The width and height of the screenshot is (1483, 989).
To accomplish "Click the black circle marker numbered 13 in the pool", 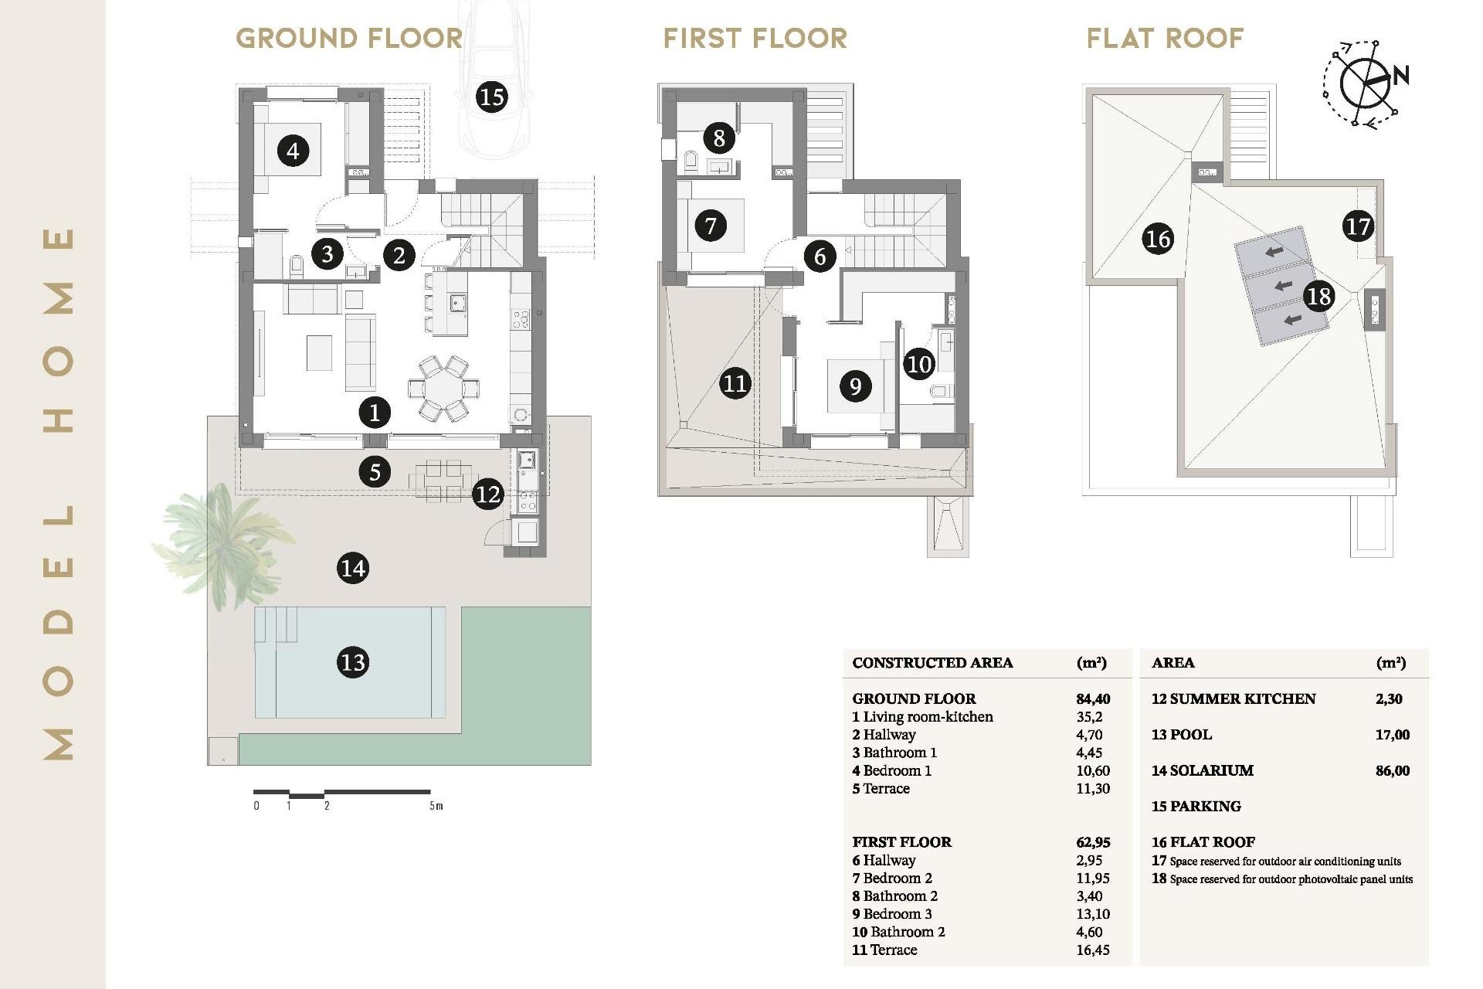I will coord(353,662).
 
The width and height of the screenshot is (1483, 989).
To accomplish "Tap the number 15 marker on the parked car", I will coord(491,97).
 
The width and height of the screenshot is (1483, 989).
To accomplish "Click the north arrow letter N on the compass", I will coord(1401,75).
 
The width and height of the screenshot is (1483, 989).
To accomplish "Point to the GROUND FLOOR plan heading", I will coord(349,38).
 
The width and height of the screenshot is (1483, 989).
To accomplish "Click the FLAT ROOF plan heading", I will coord(1165,38).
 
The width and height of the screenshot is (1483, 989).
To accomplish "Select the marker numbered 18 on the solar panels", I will coord(1318,296).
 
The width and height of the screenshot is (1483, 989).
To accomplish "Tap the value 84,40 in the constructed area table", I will coord(1093,698).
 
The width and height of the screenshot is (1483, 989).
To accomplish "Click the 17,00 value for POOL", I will coord(1392,735).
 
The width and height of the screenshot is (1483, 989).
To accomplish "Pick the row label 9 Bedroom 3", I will coord(892,914).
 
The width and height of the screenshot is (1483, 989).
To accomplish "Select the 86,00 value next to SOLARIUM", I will coord(1392,770).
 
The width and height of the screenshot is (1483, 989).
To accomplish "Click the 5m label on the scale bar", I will coord(436,806).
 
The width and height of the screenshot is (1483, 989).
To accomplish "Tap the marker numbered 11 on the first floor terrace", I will coord(735,383).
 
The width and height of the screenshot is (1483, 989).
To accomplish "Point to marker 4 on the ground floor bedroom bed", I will coord(293,150).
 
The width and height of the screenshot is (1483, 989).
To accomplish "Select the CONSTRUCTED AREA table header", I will coord(932,663).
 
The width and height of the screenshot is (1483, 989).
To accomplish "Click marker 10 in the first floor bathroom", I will coord(919,364).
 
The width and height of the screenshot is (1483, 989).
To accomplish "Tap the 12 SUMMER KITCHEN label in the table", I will coord(1233,698).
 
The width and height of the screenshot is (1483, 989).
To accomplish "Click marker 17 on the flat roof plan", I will coord(1357,226).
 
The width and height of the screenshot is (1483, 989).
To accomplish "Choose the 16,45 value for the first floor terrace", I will coord(1092,950).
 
